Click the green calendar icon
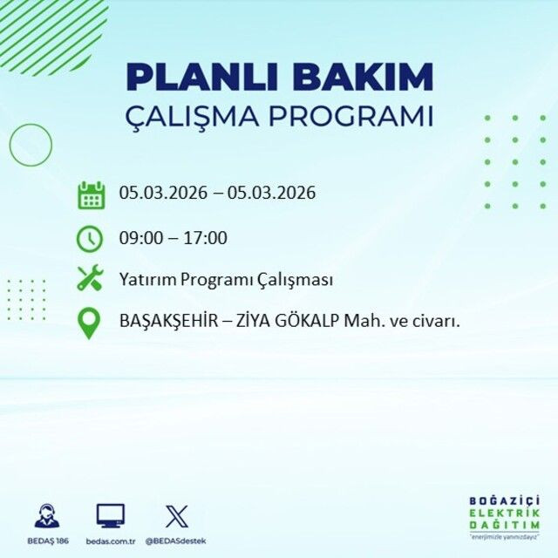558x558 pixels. pyautogui.click(x=91, y=194)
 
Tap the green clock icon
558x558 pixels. pyautogui.click(x=90, y=237)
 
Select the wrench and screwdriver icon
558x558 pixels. pyautogui.click(x=90, y=279)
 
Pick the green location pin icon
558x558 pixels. pyautogui.click(x=90, y=323)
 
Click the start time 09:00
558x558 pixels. pyautogui.click(x=138, y=237)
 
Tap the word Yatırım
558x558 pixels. pyautogui.click(x=146, y=280)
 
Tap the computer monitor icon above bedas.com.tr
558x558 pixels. pyautogui.click(x=110, y=515)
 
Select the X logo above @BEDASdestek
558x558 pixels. pyautogui.click(x=176, y=515)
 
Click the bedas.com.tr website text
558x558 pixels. pyautogui.click(x=110, y=541)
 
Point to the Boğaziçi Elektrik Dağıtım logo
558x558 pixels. pyautogui.click(x=504, y=521)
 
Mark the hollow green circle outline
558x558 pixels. pyautogui.click(x=31, y=145)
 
